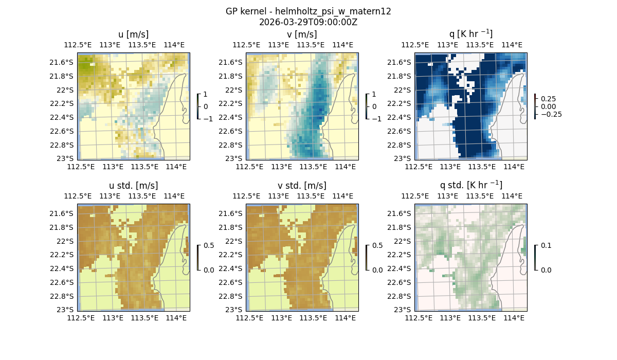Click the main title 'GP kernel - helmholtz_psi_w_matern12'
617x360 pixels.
308,11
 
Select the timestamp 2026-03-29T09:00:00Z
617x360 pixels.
308,22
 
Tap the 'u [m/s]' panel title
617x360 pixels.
134,34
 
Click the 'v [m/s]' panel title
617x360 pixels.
302,34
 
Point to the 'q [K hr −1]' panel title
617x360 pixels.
471,34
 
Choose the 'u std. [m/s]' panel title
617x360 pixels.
134,186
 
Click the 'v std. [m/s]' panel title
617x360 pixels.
302,186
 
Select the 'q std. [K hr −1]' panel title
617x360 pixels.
471,185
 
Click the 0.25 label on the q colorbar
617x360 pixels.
549,99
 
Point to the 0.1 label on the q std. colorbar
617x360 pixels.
545,246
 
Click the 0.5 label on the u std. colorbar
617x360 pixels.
208,246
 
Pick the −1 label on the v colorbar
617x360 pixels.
377,119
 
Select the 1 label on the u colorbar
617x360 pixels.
206,95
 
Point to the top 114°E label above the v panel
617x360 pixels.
343,45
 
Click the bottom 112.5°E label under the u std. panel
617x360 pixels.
81,318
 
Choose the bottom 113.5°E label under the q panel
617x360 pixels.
482,167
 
